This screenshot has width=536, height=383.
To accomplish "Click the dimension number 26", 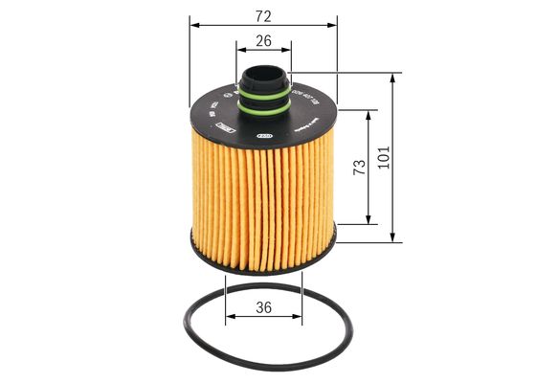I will point(264,41).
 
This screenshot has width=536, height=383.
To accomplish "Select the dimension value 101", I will point(384,158).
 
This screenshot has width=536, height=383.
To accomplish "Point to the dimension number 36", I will point(264,308).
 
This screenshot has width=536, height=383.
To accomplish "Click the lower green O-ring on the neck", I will point(263,109).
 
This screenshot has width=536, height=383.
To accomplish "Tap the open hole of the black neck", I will point(263,69).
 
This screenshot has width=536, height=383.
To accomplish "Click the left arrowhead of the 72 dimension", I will point(194,28).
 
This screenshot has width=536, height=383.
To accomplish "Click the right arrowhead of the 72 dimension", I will point(334,28).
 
